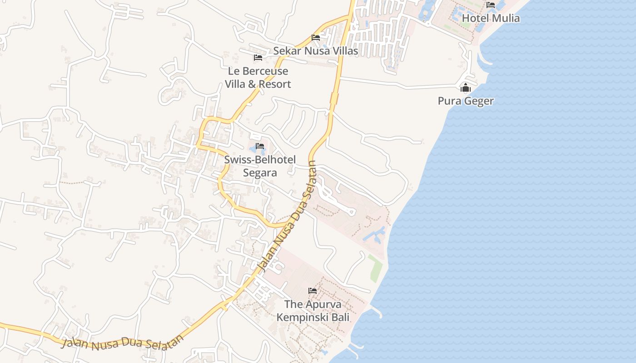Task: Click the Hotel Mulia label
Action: [x=491, y=18]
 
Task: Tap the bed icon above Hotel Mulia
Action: [x=491, y=5]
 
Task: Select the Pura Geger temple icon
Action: [x=466, y=88]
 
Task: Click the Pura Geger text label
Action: [x=466, y=101]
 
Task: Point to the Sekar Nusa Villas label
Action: [x=315, y=51]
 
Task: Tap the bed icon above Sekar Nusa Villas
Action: [x=316, y=37]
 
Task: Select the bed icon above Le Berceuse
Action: [x=258, y=58]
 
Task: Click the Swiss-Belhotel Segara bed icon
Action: [x=260, y=146]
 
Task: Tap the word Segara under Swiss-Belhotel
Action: [x=260, y=172]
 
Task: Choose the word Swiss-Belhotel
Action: [x=260, y=160]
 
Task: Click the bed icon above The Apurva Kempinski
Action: [x=313, y=290]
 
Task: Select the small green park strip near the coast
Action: [x=375, y=268]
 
